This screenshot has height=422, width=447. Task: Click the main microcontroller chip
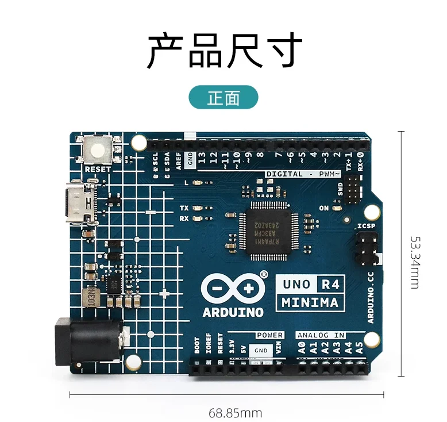pyautogui.click(x=266, y=233)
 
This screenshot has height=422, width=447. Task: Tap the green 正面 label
pyautogui.click(x=223, y=98)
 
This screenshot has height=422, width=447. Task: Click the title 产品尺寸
pyautogui.click(x=224, y=52)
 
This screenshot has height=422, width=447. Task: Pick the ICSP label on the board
pyautogui.click(x=366, y=226)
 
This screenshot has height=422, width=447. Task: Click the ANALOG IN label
pyautogui.click(x=321, y=335)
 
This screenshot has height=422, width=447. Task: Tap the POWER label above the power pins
pyautogui.click(x=269, y=335)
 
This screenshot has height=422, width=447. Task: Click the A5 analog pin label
pyautogui.click(x=360, y=347)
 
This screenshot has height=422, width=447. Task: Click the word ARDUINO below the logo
pyautogui.click(x=233, y=313)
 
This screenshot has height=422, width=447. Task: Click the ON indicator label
pyautogui.click(x=324, y=208)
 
